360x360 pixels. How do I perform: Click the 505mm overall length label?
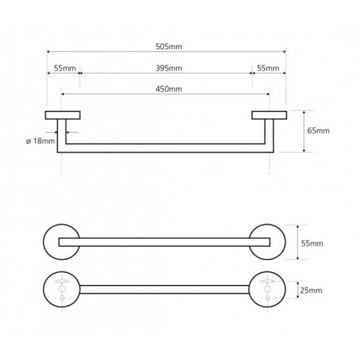(x=169, y=47)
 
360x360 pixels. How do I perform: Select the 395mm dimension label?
(x=169, y=68)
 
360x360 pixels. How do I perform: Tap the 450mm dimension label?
(x=169, y=89)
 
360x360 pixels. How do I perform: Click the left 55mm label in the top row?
(x=65, y=68)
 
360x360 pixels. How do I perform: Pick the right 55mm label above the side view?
(x=268, y=68)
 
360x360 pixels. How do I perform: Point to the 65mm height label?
(x=319, y=131)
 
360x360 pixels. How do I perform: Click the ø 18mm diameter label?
(x=41, y=141)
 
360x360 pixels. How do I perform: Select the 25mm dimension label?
(x=311, y=290)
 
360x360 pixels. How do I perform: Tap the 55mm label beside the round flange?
(x=312, y=244)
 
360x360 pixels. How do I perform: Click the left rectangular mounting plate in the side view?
(x=62, y=115)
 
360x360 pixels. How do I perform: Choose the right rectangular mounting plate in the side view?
(x=269, y=115)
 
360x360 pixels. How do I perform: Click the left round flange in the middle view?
(x=62, y=242)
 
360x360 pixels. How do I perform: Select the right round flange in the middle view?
(x=267, y=242)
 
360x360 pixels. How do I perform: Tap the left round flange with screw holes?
(x=62, y=290)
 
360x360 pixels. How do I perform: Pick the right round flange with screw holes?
(x=267, y=290)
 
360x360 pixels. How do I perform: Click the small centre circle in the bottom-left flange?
(x=62, y=289)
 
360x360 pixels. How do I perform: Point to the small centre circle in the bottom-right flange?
(x=267, y=289)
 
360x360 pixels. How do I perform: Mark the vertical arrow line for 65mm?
(x=304, y=131)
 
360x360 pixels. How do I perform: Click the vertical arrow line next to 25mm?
(x=298, y=290)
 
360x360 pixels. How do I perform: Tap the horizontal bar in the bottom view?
(x=164, y=290)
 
